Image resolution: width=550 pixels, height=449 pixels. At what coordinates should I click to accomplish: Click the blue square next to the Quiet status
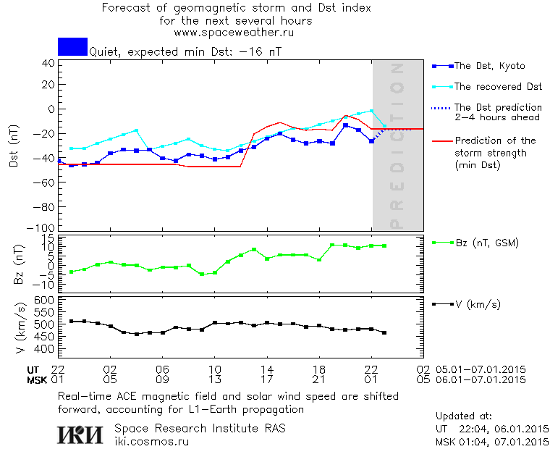pos(72,47)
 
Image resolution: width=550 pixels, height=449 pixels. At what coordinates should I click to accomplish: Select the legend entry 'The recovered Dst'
pos(498,87)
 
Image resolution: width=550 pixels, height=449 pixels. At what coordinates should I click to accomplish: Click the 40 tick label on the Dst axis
pos(48,63)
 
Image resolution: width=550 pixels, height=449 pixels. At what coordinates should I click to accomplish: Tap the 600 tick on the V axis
pos(45,300)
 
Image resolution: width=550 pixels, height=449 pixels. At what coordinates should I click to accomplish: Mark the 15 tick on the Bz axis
pos(48,239)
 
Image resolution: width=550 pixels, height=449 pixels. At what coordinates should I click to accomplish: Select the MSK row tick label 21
pos(319,379)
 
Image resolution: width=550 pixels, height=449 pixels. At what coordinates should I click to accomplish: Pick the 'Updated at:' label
pos(463,416)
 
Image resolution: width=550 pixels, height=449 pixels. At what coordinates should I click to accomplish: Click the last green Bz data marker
pos(384,246)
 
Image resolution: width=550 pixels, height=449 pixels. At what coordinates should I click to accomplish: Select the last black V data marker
pos(384,333)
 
